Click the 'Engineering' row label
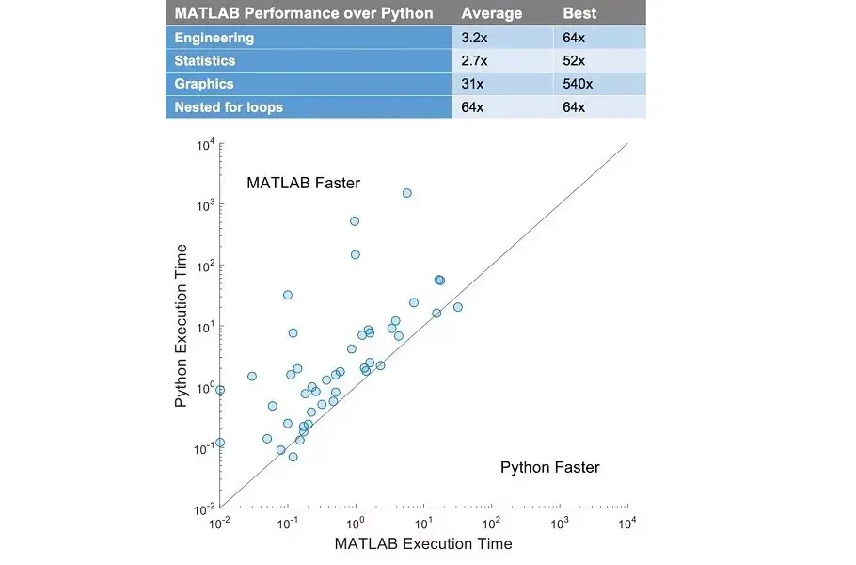214,38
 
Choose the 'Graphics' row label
204,84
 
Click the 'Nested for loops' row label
229,107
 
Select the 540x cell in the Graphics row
578,84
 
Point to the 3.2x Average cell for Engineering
474,38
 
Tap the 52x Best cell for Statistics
574,60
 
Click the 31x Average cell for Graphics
472,84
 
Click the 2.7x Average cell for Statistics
474,60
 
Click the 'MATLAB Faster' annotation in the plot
303,183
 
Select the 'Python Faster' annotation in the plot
549,467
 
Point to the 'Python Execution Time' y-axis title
182,326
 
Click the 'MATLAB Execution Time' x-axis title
423,543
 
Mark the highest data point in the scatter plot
407,193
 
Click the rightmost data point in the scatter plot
458,307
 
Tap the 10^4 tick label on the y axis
206,145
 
